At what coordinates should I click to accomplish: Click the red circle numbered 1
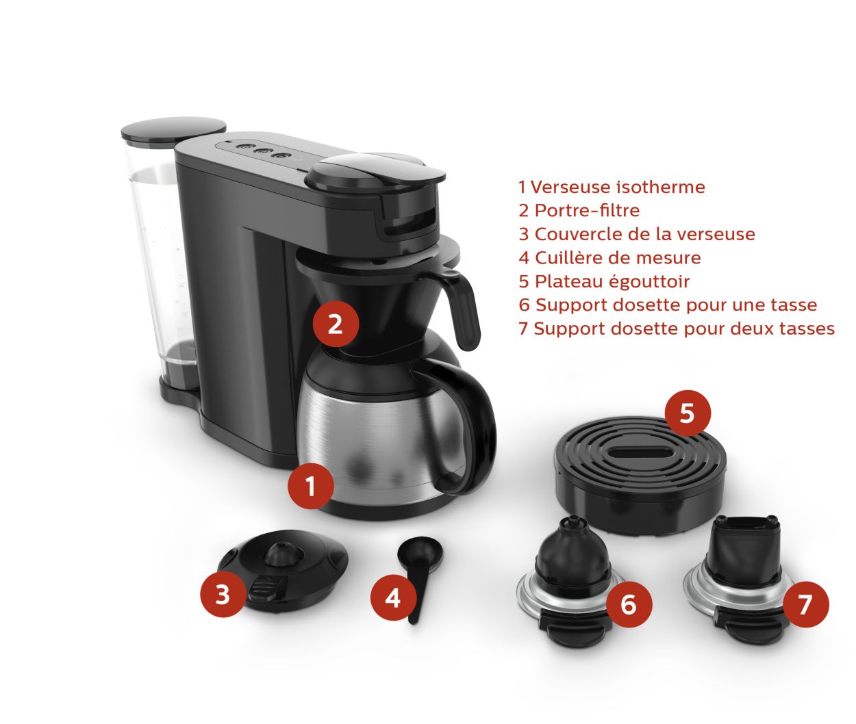311,486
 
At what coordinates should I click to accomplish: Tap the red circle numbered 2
335,324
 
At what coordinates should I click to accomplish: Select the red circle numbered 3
223,595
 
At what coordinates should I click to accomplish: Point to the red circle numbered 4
392,597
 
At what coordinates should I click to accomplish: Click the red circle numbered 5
687,413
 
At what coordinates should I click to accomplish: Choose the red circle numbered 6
629,604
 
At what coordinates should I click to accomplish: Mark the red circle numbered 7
805,604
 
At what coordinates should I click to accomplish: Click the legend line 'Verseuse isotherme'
612,187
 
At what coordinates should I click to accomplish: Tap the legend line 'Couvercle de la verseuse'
637,234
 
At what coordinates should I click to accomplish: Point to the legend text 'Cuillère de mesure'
609,258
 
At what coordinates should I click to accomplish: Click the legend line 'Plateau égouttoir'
604,281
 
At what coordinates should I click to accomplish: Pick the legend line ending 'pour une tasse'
668,305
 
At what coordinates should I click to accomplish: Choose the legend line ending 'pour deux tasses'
677,328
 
